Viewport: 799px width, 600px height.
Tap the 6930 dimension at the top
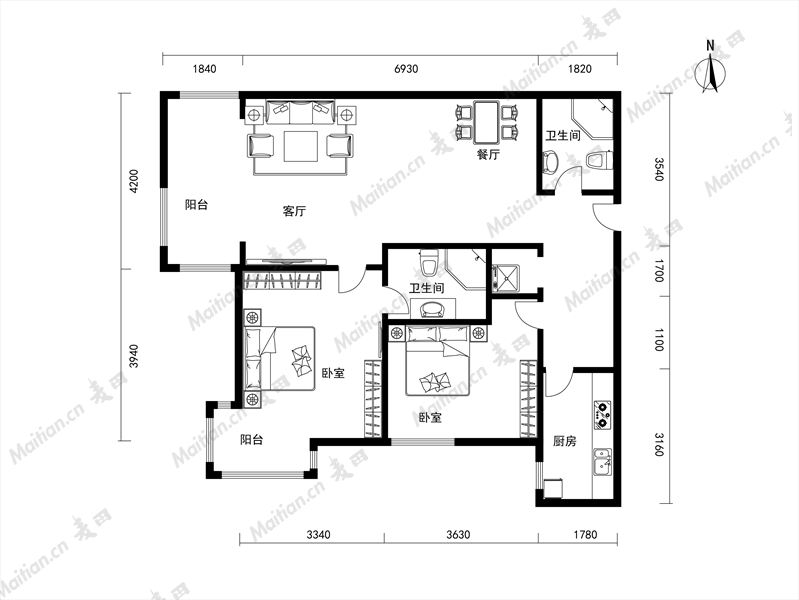click(x=406, y=69)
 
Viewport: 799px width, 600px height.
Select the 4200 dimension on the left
click(x=134, y=181)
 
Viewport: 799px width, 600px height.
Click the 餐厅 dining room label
click(x=488, y=154)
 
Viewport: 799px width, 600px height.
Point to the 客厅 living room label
click(x=294, y=211)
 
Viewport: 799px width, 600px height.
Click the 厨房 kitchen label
click(x=565, y=441)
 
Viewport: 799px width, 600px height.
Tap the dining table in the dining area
click(x=488, y=122)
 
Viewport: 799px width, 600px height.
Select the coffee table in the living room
click(x=301, y=146)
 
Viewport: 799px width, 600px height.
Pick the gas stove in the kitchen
click(x=603, y=414)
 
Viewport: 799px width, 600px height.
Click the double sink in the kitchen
click(x=602, y=461)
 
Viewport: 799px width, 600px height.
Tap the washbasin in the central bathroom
click(x=433, y=309)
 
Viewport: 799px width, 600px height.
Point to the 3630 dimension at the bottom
click(x=458, y=535)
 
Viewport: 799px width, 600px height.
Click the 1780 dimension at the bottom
click(x=585, y=535)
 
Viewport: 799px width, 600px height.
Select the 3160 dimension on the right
click(x=659, y=445)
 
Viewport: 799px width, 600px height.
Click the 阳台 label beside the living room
click(x=196, y=205)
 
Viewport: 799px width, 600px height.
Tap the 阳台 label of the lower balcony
click(x=252, y=439)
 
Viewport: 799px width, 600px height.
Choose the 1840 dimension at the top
click(x=204, y=69)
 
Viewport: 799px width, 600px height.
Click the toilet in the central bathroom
click(x=428, y=261)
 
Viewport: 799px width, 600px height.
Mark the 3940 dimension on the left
click(x=134, y=356)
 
